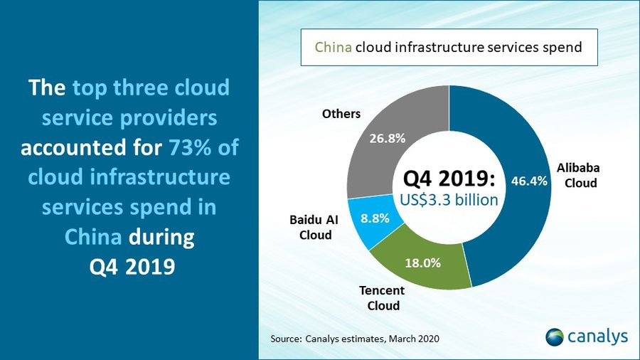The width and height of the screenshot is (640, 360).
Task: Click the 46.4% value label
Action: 529,181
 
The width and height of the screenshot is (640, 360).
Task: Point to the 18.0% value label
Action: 423,263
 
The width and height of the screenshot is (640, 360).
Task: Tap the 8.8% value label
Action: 374,219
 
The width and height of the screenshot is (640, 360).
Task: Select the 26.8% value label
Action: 388,139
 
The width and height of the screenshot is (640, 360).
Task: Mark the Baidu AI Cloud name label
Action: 314,227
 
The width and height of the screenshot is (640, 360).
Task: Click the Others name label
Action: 341,114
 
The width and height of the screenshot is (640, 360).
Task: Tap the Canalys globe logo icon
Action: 555,337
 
